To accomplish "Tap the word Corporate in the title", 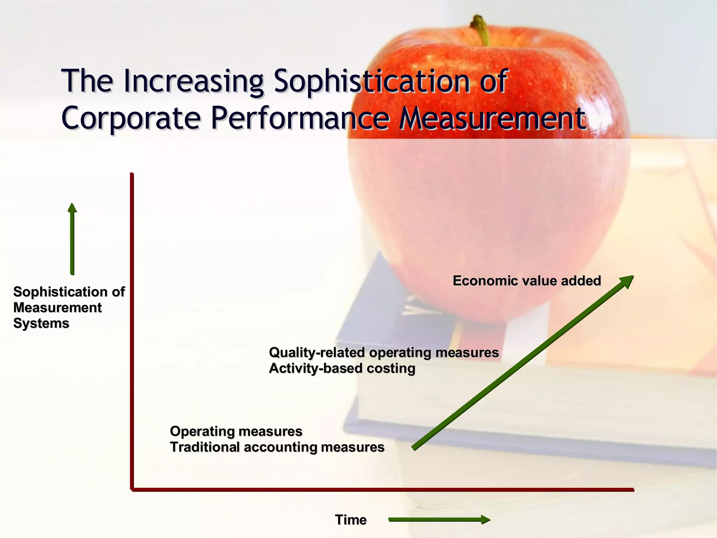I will [131, 118].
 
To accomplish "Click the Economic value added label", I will [527, 281].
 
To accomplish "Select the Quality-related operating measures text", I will [384, 352].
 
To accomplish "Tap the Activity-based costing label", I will [342, 368].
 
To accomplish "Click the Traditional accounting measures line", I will [277, 447].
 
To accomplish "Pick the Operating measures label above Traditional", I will [236, 431].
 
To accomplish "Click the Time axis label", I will [351, 520].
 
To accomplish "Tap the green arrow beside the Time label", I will [439, 520].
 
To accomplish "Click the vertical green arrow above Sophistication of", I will [72, 238].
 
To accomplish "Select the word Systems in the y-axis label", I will [41, 323].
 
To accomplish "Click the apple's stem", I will [480, 30].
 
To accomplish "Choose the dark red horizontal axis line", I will [382, 490].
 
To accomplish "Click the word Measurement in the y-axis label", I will [57, 308].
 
